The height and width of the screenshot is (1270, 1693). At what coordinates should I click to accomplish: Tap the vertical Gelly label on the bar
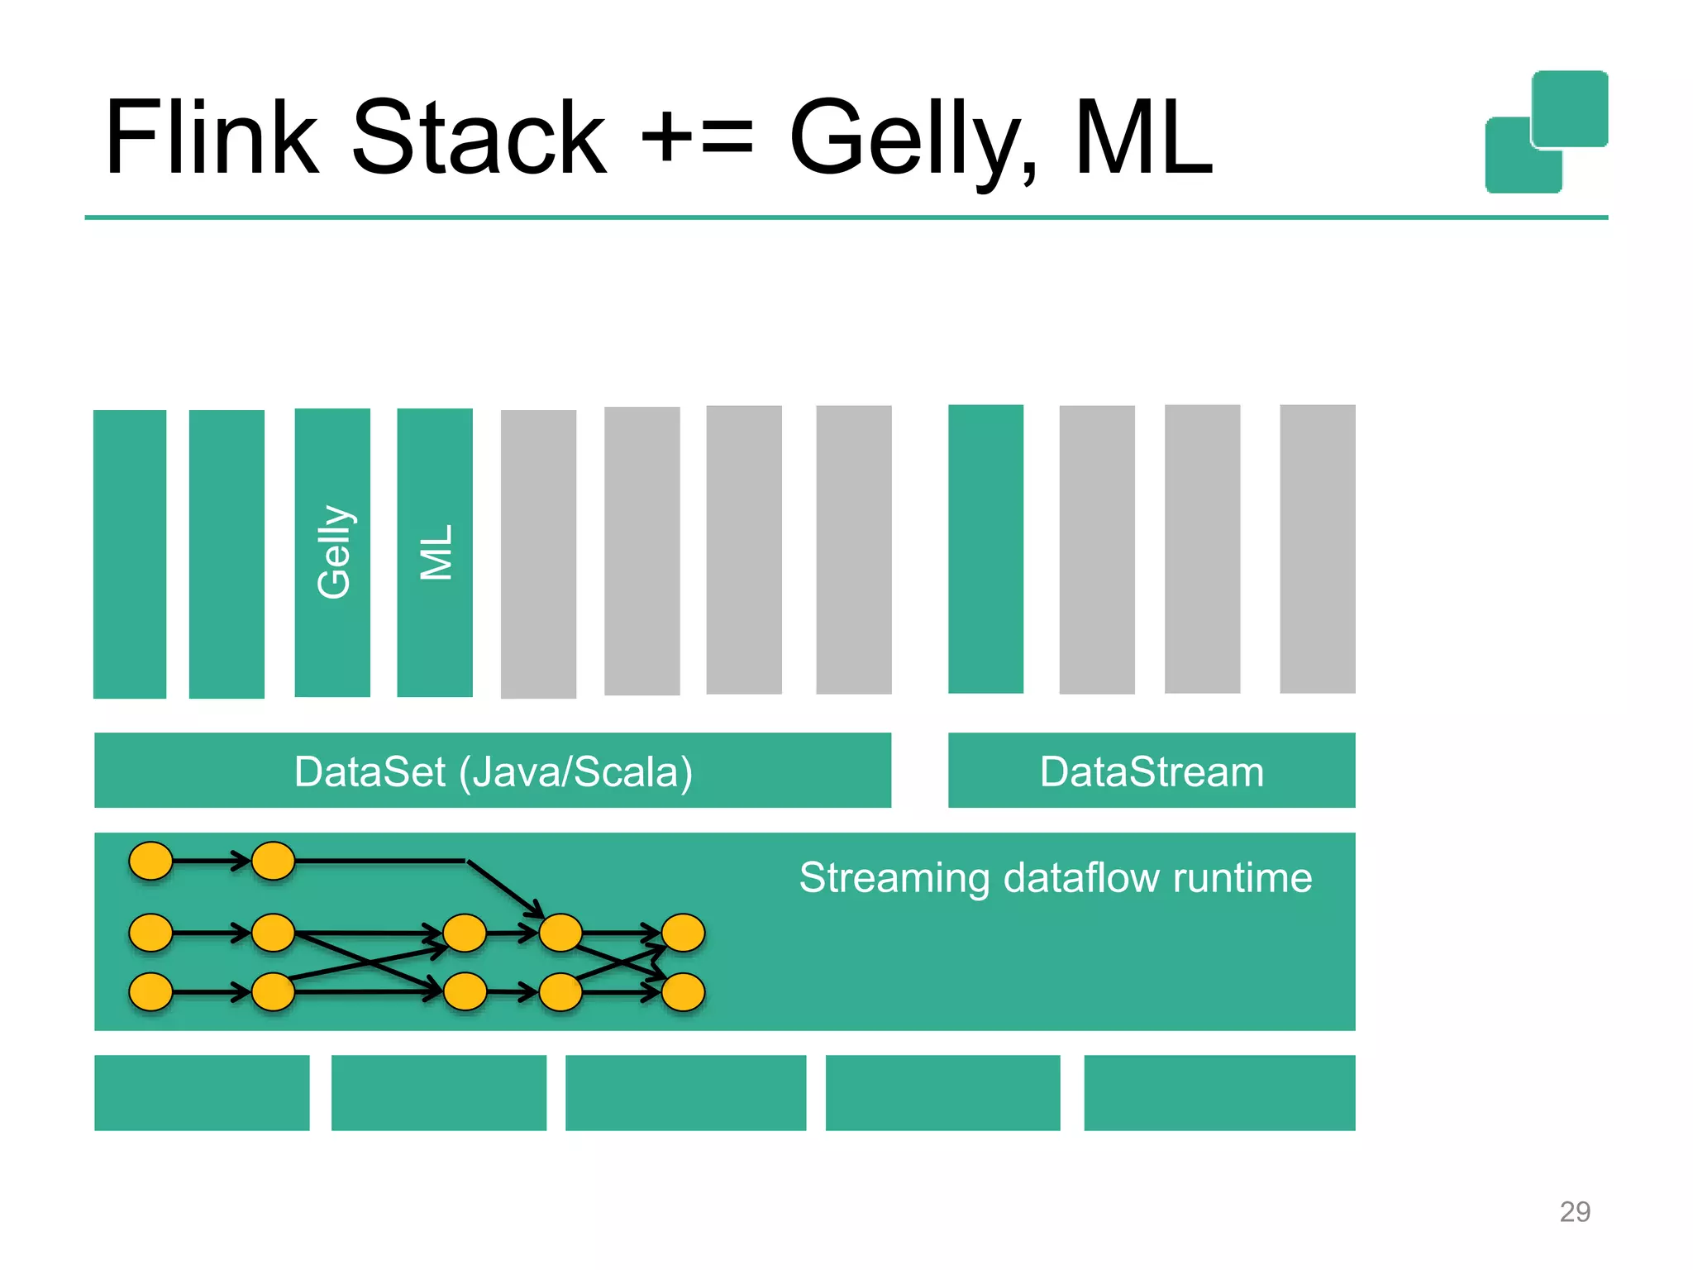coord(333,551)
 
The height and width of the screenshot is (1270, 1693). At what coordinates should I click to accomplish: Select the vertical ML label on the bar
coord(436,551)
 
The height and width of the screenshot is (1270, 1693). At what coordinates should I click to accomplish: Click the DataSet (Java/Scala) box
coord(493,771)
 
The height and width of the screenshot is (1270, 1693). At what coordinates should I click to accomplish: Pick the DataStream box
coord(1151,771)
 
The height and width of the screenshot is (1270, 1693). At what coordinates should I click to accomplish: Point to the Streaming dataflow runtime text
coord(1055,877)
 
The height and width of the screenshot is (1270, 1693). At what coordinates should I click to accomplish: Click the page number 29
coord(1574,1211)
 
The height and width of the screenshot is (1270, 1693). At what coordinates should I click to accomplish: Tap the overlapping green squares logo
coord(1546,132)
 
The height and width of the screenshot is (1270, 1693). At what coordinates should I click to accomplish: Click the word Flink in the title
coord(211,139)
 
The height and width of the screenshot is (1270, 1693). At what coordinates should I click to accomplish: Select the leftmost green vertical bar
coord(130,554)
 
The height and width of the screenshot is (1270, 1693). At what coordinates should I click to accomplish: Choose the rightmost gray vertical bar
coord(1317,549)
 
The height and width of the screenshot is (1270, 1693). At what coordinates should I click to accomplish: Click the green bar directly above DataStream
coord(985,549)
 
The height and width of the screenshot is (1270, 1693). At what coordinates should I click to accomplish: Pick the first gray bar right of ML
coord(538,554)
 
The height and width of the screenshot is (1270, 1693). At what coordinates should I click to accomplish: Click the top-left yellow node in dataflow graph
coord(150,861)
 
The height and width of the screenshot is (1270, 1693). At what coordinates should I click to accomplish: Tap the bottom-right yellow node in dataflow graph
coord(683,992)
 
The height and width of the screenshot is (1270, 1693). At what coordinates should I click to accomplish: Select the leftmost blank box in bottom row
coord(202,1092)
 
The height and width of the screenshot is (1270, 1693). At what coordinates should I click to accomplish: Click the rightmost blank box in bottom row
coord(1219,1092)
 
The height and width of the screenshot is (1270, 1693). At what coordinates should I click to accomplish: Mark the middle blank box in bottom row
coord(685,1092)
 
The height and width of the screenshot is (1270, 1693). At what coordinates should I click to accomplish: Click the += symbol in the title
coord(697,139)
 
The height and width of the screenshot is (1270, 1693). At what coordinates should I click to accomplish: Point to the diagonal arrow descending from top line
coord(504,889)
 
